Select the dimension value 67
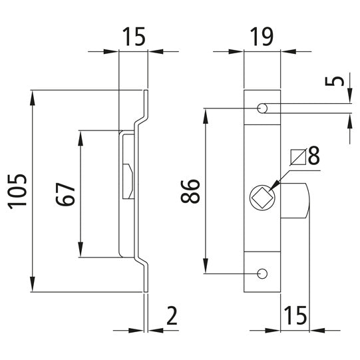pyautogui.click(x=65, y=193)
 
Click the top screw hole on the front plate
pyautogui.click(x=262, y=107)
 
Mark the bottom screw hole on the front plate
pyautogui.click(x=262, y=273)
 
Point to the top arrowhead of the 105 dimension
pyautogui.click(x=33, y=94)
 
